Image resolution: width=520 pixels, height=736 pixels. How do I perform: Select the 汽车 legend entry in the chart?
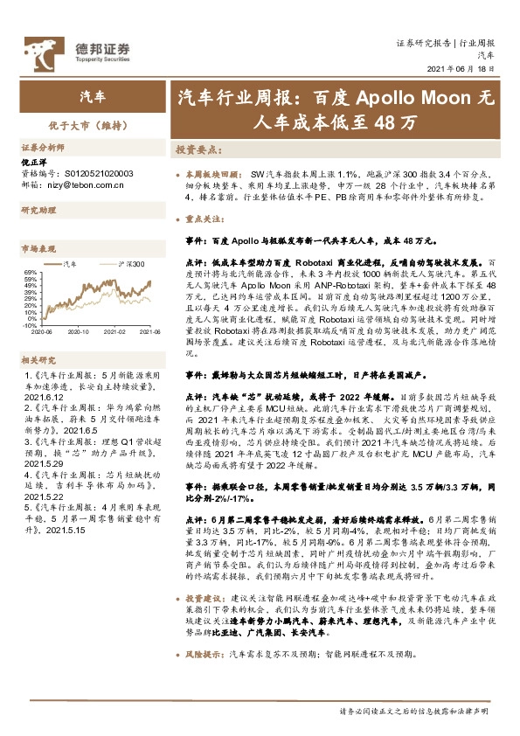(x=69, y=262)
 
